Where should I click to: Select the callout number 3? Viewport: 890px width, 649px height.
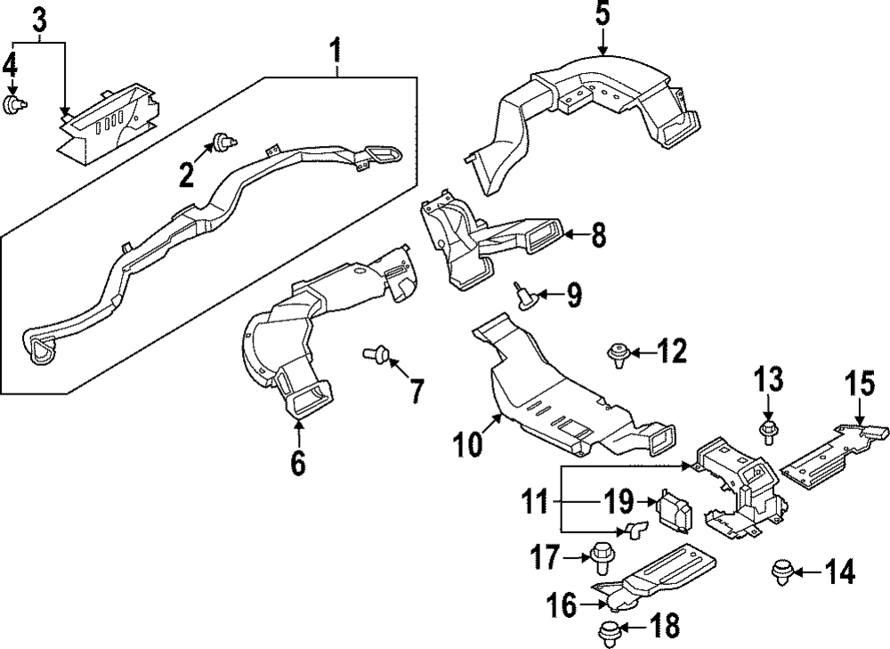point(39,20)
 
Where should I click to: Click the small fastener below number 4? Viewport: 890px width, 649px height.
point(13,106)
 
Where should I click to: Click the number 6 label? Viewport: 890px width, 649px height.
point(297,462)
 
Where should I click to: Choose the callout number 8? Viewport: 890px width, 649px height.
point(598,236)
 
